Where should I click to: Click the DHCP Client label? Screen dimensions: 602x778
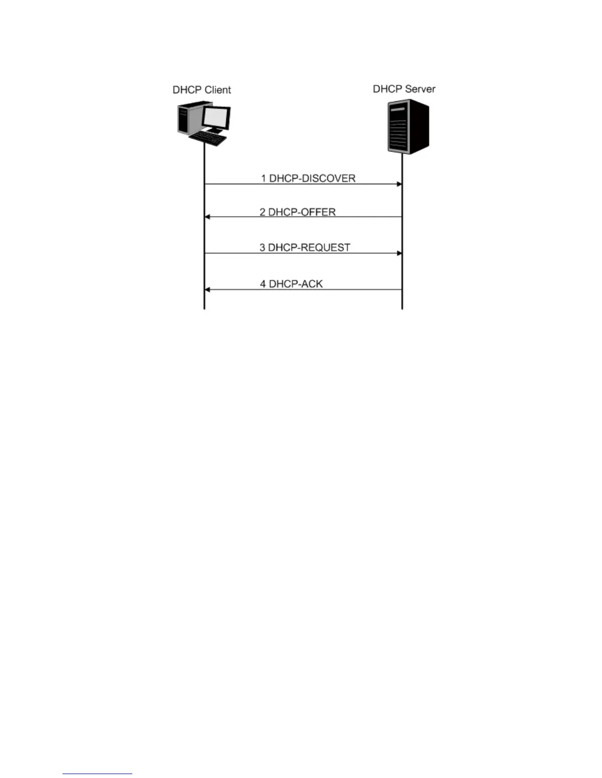(x=202, y=90)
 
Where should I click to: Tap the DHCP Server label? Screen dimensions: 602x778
(x=404, y=89)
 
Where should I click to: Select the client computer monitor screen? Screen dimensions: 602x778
(x=217, y=117)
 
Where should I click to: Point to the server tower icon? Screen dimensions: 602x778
(x=408, y=127)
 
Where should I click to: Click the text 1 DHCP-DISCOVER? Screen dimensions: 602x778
(x=308, y=178)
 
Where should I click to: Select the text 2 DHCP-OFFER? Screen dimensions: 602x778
(x=298, y=212)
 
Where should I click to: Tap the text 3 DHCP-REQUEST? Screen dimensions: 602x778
(x=305, y=248)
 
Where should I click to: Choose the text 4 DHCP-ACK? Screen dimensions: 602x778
(x=291, y=284)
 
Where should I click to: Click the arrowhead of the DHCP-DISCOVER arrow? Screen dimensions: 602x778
(x=399, y=184)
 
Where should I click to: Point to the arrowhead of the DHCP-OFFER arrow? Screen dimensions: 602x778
(x=208, y=217)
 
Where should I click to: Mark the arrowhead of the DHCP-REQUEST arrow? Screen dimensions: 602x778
(x=399, y=253)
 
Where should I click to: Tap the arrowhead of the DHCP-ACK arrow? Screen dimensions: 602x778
(x=208, y=290)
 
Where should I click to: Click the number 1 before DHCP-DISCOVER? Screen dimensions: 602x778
(x=264, y=178)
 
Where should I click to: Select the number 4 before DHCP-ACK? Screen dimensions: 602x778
(x=263, y=284)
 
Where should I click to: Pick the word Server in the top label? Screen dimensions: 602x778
(x=420, y=89)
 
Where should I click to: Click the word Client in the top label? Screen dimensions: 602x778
(x=217, y=90)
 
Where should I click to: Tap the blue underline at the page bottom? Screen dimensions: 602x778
(x=97, y=774)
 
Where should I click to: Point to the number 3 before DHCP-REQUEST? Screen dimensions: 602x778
(x=263, y=248)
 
